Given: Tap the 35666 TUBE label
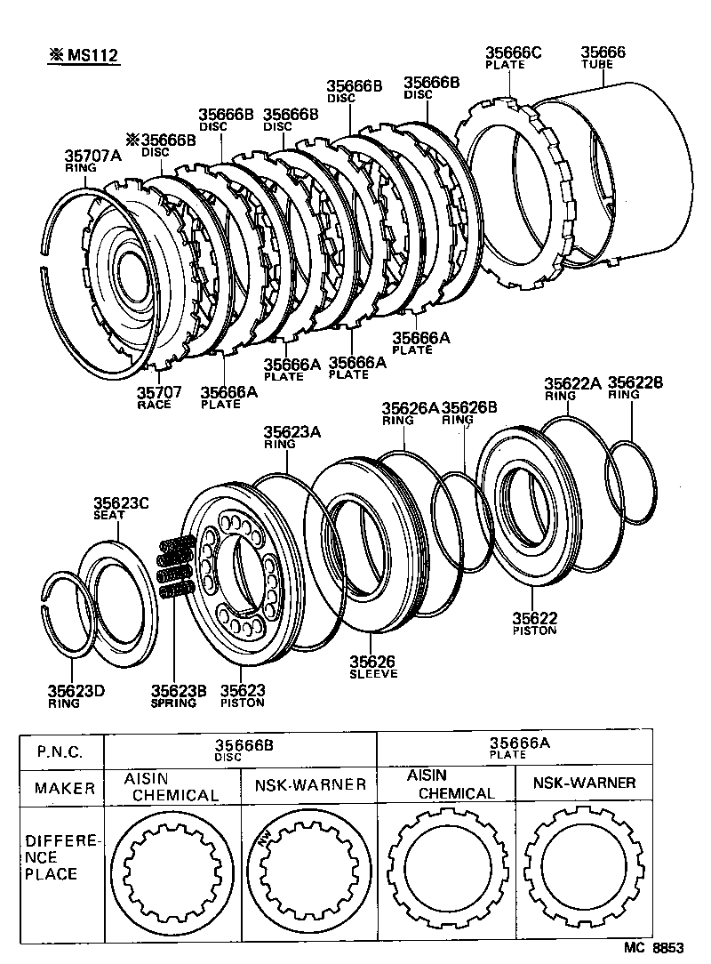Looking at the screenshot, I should (603, 58).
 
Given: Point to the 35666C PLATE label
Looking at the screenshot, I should (513, 58).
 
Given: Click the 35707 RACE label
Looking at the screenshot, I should (160, 397).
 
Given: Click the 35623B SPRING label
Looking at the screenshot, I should (173, 695).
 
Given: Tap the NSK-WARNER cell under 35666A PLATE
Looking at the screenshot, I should (584, 783).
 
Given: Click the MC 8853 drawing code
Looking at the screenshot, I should (654, 948).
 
